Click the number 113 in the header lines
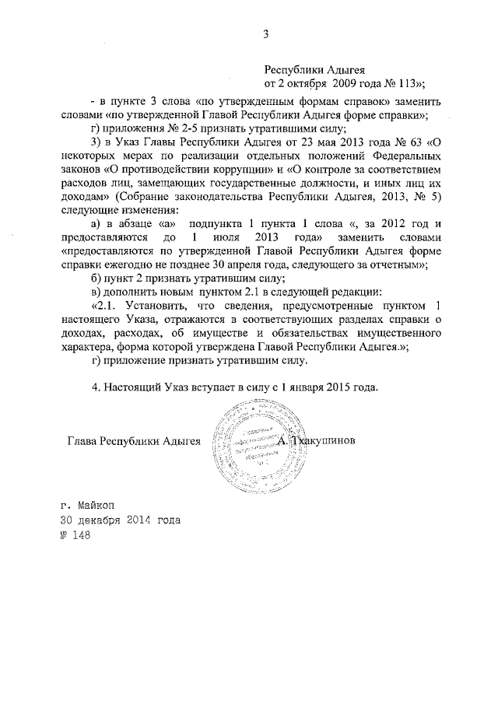pos(410,84)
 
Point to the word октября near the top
pos(307,84)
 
